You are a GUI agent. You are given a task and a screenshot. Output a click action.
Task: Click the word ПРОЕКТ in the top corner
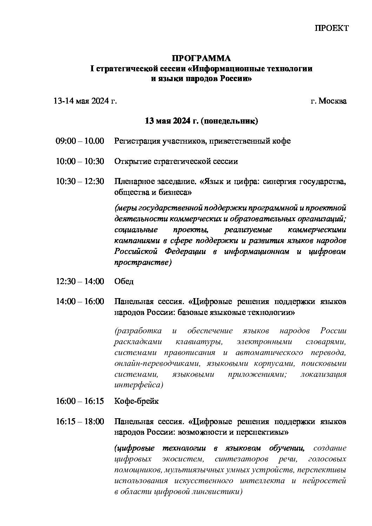pyautogui.click(x=331, y=28)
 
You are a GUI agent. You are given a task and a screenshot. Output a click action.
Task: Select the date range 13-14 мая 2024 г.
pyautogui.click(x=85, y=101)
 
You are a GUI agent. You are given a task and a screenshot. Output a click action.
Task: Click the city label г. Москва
pyautogui.click(x=328, y=101)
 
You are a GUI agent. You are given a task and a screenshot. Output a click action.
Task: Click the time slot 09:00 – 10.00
pyautogui.click(x=80, y=141)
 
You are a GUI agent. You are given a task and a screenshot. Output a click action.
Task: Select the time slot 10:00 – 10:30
pyautogui.click(x=80, y=161)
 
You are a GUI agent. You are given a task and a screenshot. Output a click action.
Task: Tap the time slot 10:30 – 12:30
pyautogui.click(x=80, y=182)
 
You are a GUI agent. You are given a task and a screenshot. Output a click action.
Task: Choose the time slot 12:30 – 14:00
pyautogui.click(x=80, y=281)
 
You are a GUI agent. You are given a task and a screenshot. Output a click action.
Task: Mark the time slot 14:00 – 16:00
pyautogui.click(x=80, y=302)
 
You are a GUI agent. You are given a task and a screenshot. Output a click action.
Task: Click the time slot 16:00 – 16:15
pyautogui.click(x=80, y=401)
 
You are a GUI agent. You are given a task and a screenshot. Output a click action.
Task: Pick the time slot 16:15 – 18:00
pyautogui.click(x=80, y=421)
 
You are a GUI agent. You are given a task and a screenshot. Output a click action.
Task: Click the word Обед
pyautogui.click(x=124, y=282)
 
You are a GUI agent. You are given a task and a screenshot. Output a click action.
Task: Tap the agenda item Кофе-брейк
pyautogui.click(x=137, y=401)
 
